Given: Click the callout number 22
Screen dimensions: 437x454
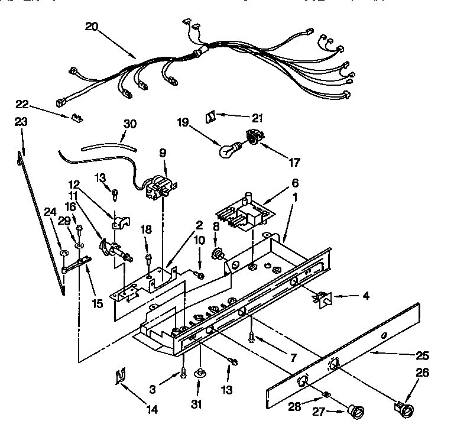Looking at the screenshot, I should click(22, 105).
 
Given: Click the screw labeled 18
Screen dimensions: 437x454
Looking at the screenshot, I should click(148, 257).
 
